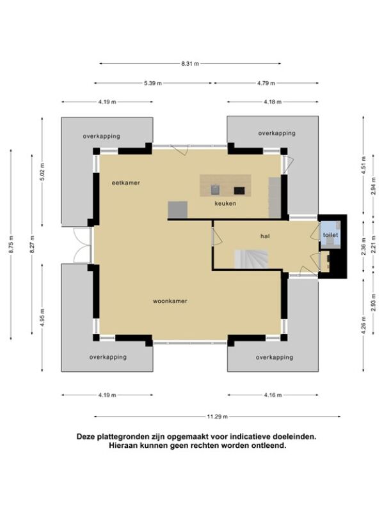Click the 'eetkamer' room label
[125, 183]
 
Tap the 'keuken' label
[225, 203]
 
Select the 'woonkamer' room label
[170, 301]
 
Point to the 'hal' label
[265, 236]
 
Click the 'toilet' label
[330, 235]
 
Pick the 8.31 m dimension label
[190, 64]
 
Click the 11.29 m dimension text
[218, 416]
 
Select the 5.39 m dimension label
[153, 83]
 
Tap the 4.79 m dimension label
[266, 83]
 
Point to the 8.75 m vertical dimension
[11, 245]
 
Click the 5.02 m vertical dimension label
[42, 171]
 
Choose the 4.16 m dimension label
[273, 395]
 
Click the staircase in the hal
[251, 259]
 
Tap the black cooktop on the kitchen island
[239, 190]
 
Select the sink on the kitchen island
[216, 189]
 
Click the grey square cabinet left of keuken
[178, 210]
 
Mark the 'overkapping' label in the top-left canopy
[102, 136]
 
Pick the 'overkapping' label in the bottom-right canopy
[275, 358]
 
